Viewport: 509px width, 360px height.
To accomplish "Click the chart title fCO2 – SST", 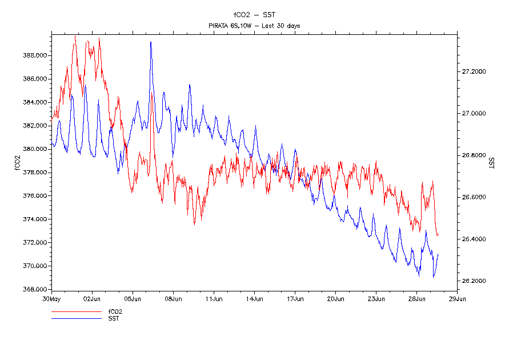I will [x=254, y=15].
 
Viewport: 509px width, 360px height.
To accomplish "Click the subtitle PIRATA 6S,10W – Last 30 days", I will [x=254, y=26].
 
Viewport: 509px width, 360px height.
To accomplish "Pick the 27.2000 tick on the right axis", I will [x=474, y=71].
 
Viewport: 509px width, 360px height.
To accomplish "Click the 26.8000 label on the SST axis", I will [x=474, y=155].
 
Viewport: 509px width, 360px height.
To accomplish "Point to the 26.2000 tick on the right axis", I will [x=474, y=281].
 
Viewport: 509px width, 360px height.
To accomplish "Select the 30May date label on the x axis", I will [x=51, y=298].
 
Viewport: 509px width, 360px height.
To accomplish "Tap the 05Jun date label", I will [x=133, y=298].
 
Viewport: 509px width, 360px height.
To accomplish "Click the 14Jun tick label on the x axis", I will [x=254, y=298].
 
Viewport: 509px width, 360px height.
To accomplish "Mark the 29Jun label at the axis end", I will [x=457, y=298].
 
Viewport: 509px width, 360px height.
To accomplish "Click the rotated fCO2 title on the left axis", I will [x=17, y=162].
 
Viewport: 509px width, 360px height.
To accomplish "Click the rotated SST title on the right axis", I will [x=492, y=162].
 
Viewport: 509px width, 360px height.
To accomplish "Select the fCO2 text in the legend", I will [x=115, y=312].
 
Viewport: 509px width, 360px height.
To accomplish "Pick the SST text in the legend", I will [x=114, y=318].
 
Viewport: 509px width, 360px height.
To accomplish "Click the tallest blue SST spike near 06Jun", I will [x=151, y=42].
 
